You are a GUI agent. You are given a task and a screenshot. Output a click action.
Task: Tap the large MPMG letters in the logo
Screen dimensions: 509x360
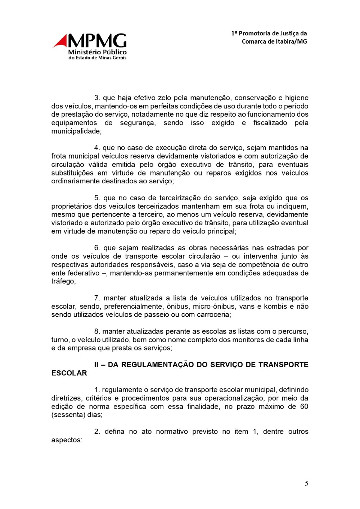tap(97, 41)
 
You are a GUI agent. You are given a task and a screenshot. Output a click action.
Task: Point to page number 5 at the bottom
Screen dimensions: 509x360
tap(306, 484)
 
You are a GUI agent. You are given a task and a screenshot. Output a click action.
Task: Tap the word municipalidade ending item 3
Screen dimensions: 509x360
tap(76, 131)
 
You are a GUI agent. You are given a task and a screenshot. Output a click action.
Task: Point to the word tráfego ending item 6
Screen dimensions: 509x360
tap(63, 281)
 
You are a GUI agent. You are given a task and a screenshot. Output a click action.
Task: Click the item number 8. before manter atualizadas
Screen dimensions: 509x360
tap(97, 331)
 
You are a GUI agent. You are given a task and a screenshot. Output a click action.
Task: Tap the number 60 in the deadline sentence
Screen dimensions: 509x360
tap(304, 406)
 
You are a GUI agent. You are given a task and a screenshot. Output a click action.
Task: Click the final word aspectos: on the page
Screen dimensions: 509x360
tap(67, 440)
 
